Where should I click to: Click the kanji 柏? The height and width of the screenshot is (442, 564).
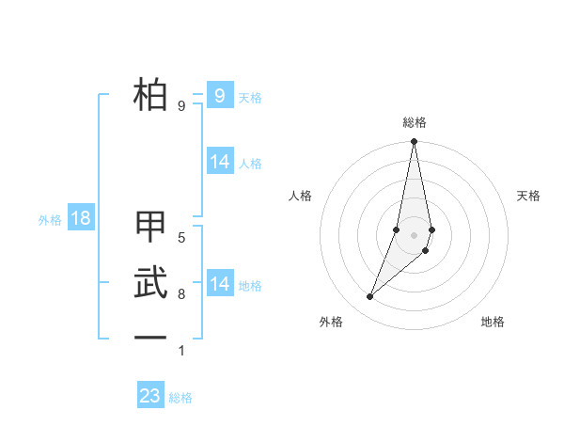click(x=150, y=95)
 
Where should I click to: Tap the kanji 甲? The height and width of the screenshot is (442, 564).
click(x=150, y=229)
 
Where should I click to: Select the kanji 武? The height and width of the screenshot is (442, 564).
click(x=150, y=283)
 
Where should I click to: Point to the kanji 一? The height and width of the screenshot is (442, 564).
click(x=150, y=337)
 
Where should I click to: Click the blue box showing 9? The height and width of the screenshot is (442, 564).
click(x=219, y=95)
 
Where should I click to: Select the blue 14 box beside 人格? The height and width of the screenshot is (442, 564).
click(x=219, y=162)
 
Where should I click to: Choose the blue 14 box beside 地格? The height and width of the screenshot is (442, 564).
click(x=219, y=284)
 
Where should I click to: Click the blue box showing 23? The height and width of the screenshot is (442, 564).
click(x=150, y=396)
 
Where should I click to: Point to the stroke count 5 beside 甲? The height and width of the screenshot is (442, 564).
click(x=181, y=238)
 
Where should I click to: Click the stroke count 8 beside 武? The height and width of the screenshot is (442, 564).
click(x=181, y=294)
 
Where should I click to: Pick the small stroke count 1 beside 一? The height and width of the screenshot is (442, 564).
click(x=181, y=351)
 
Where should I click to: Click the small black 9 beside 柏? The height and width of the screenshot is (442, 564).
click(x=181, y=106)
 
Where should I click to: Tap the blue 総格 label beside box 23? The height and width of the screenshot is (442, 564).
click(x=180, y=398)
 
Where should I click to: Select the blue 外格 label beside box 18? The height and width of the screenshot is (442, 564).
click(x=50, y=220)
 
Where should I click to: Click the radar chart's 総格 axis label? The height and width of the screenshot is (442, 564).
click(x=414, y=122)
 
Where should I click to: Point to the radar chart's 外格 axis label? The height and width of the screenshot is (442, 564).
click(x=331, y=322)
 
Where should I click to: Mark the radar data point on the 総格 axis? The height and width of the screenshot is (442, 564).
click(x=414, y=142)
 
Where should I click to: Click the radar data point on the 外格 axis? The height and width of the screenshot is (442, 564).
click(x=370, y=297)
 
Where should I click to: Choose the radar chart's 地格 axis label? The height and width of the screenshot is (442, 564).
click(x=493, y=322)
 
